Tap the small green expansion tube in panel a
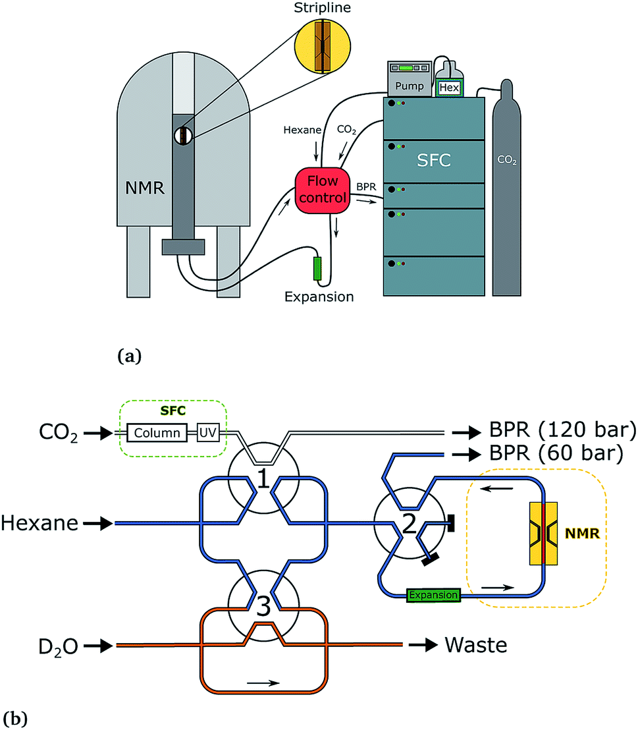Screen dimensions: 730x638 click(317, 269)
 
